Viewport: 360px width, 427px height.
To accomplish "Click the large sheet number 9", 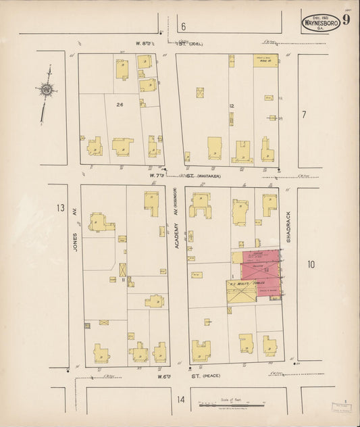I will click(x=346, y=20).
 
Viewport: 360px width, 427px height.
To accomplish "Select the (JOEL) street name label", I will click(x=195, y=44).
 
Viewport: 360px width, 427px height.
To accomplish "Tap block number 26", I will click(x=120, y=105).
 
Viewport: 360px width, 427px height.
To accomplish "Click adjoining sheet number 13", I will click(x=61, y=207).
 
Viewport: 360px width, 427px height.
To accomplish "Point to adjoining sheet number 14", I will click(x=180, y=399).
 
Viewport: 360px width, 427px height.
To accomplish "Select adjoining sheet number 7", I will click(x=304, y=114).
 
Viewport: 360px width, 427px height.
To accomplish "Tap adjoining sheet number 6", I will click(x=182, y=27).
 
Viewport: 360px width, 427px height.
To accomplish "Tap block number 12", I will click(x=231, y=106).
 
